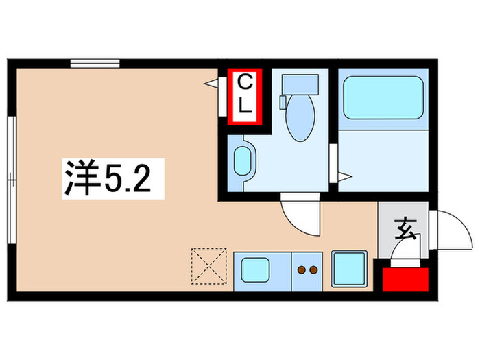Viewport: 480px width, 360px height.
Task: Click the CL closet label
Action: point(245,95)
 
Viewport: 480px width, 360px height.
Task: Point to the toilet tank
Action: point(300,83)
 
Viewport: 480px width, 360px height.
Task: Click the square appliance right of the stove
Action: point(348,268)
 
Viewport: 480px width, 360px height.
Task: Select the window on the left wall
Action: point(11,179)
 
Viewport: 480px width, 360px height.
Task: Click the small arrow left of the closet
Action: point(211,84)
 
